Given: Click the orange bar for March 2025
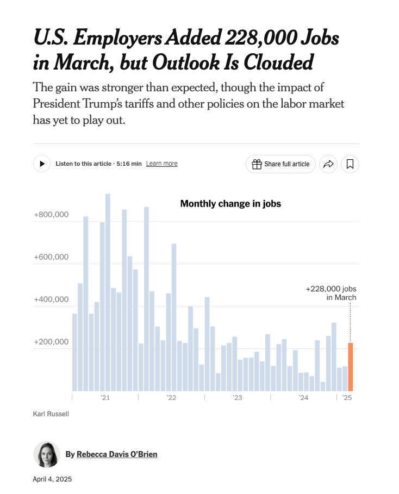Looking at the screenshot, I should point(351,367).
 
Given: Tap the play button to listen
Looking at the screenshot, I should point(42,164).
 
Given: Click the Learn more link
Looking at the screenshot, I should point(161,164).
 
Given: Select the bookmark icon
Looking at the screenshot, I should point(350,164).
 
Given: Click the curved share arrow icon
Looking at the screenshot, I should point(328,164).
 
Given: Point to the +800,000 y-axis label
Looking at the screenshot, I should point(51,215).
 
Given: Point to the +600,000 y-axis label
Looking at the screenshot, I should point(51,257).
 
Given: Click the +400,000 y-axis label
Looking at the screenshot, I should point(51,299).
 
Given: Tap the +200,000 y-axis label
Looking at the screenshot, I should point(51,342).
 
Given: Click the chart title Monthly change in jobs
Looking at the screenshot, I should point(230,204).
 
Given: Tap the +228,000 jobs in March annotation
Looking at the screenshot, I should point(331,293).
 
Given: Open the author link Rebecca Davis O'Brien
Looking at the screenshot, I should point(117,454).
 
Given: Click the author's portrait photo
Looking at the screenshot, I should point(47,454).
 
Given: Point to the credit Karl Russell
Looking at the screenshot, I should point(51,414).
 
